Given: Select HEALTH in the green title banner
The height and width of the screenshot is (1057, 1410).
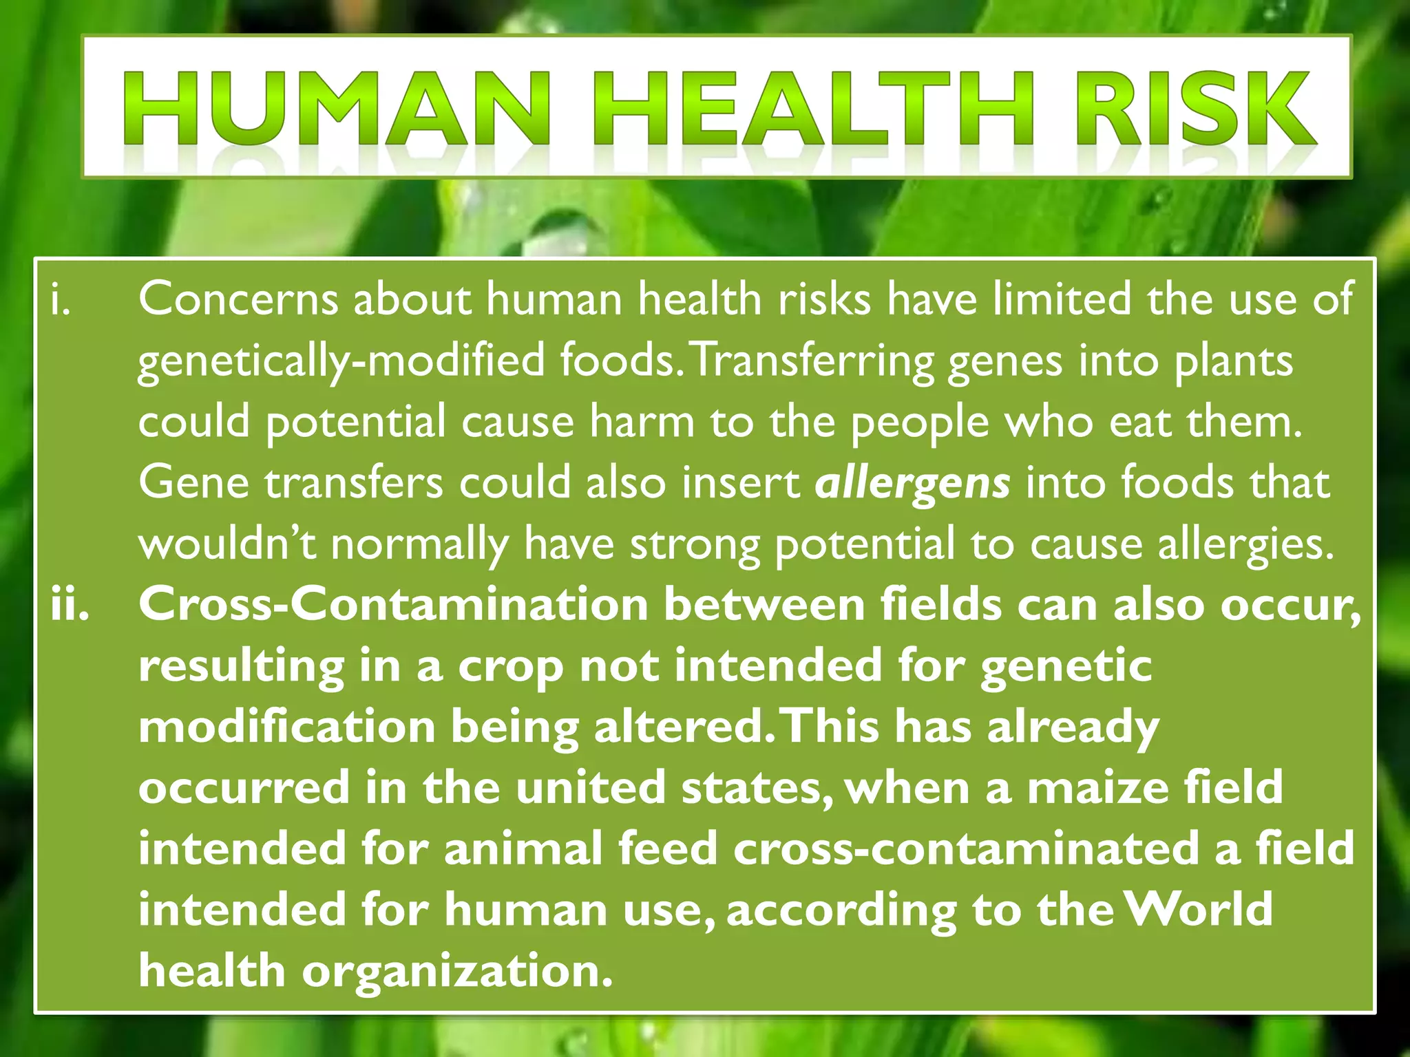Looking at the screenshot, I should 813,110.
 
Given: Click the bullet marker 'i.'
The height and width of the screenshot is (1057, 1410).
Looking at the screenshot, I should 61,300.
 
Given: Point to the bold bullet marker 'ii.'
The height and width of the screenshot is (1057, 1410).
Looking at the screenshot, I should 70,606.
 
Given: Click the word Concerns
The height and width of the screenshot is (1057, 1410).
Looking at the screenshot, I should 238,300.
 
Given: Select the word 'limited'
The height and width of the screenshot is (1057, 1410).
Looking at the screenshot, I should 1062,300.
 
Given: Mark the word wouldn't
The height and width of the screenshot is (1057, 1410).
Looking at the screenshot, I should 227,544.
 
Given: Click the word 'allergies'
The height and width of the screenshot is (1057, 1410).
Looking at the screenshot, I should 1246,544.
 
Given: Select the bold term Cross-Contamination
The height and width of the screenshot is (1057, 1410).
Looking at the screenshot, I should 393,606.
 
